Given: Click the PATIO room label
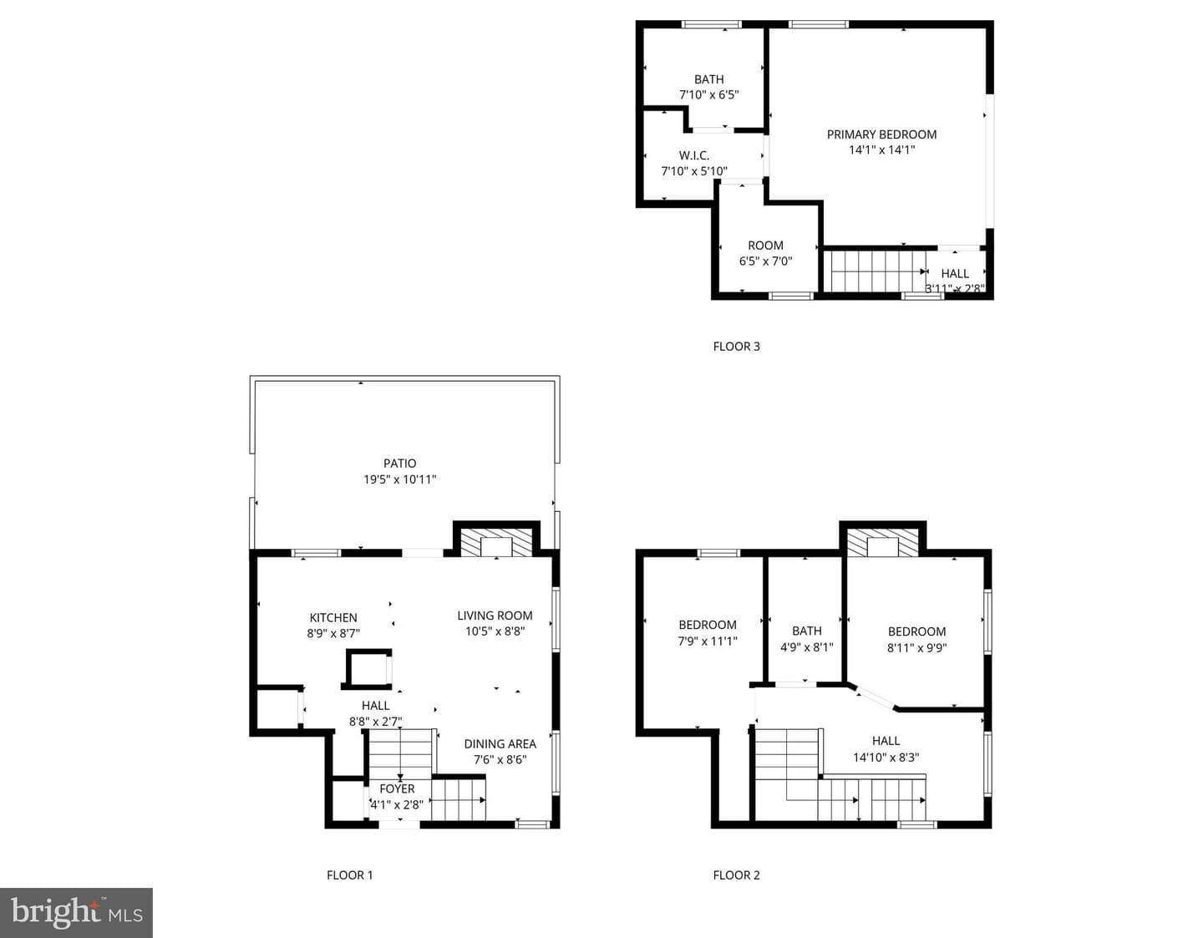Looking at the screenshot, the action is (399, 464).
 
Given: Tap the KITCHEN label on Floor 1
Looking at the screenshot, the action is (333, 617).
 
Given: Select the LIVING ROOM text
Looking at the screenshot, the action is (495, 616).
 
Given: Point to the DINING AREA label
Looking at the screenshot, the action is (500, 744).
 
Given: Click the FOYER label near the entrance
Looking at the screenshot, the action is (397, 788).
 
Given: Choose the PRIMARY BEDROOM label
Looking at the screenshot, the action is (882, 134).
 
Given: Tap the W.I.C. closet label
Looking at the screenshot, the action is (694, 155).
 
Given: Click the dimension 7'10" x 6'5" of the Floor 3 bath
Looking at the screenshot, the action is (709, 94).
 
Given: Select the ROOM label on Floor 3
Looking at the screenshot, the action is (765, 246).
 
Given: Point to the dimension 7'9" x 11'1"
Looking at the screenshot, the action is (708, 641).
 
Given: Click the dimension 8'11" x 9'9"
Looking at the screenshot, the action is (916, 648).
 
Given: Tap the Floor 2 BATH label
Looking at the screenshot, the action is (807, 631).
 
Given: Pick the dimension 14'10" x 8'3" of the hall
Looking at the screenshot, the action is (886, 758).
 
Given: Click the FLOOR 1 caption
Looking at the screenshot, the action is (350, 875).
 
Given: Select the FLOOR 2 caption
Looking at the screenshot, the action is (736, 875).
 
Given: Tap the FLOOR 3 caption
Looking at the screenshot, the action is (736, 347).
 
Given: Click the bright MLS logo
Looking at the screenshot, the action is (76, 913).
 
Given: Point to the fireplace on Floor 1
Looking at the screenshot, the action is (496, 542).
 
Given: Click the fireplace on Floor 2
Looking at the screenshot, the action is (882, 542).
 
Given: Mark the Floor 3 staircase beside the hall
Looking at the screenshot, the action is (875, 271).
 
